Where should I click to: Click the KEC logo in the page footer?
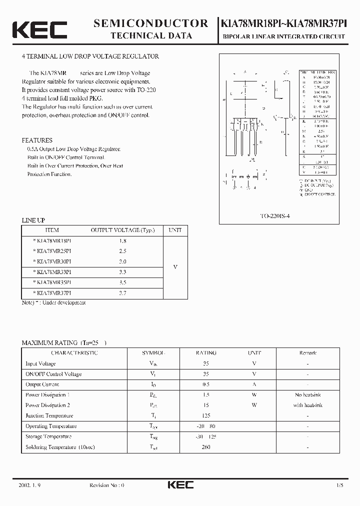(x=179, y=484)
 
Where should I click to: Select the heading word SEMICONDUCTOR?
(x=150, y=23)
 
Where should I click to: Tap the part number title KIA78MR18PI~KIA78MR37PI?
(x=287, y=23)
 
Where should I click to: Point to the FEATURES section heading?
(x=37, y=140)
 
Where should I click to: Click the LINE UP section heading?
(x=33, y=220)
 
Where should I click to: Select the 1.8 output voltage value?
(x=122, y=240)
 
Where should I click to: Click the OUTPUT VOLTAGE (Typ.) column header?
(x=122, y=230)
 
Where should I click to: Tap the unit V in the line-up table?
(x=175, y=267)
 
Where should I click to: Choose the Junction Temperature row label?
(x=49, y=415)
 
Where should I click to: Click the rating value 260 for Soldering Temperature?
(x=206, y=446)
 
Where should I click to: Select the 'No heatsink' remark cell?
(x=307, y=395)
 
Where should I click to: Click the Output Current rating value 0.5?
(x=206, y=384)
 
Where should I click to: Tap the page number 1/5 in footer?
(x=340, y=485)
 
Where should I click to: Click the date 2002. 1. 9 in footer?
(x=29, y=485)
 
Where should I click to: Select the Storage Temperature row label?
(x=49, y=436)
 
